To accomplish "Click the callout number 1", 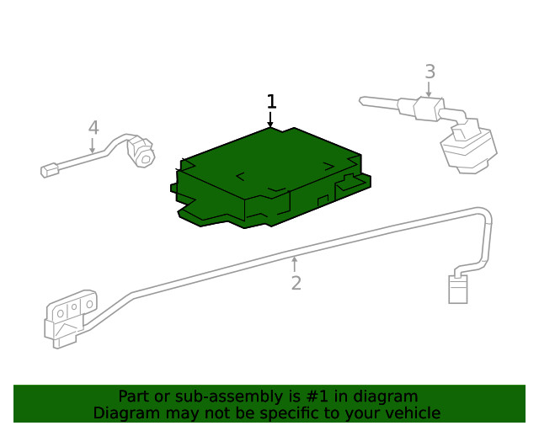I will click(x=271, y=102).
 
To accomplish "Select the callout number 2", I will click(x=296, y=284).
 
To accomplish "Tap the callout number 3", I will click(x=430, y=72).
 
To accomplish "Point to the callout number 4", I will click(x=93, y=128).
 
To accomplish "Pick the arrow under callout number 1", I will click(x=271, y=120).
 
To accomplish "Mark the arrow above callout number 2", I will click(x=295, y=264).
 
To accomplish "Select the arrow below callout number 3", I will click(x=430, y=90).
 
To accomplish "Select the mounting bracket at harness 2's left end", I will click(x=70, y=317).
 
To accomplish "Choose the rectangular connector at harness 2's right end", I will click(x=457, y=289).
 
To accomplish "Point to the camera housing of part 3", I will click(x=467, y=152).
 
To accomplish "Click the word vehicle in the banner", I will click(x=412, y=413).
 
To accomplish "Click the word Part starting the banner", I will click(x=133, y=396).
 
